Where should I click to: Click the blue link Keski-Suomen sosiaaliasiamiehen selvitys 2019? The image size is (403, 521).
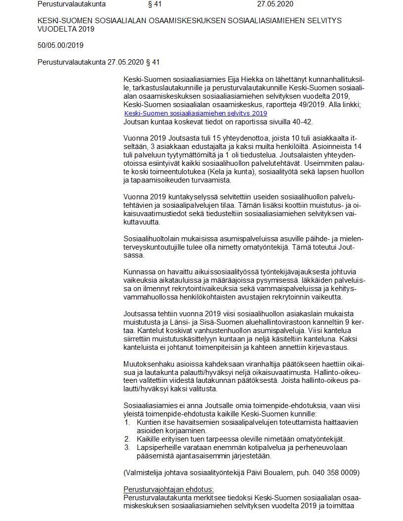pyautogui.click(x=196, y=113)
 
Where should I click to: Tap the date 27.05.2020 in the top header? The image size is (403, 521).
pyautogui.click(x=276, y=4)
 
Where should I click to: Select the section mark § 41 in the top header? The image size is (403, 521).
pyautogui.click(x=155, y=4)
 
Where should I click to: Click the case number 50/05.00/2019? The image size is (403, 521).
pyautogui.click(x=60, y=45)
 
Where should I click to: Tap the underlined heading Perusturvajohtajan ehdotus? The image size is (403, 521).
pyautogui.click(x=168, y=489)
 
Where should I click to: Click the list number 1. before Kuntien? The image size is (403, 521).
pyautogui.click(x=127, y=422)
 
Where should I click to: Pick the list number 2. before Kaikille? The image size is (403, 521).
pyautogui.click(x=127, y=439)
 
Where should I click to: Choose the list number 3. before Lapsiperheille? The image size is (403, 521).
pyautogui.click(x=127, y=447)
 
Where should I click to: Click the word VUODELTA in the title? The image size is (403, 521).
pyautogui.click(x=56, y=29)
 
